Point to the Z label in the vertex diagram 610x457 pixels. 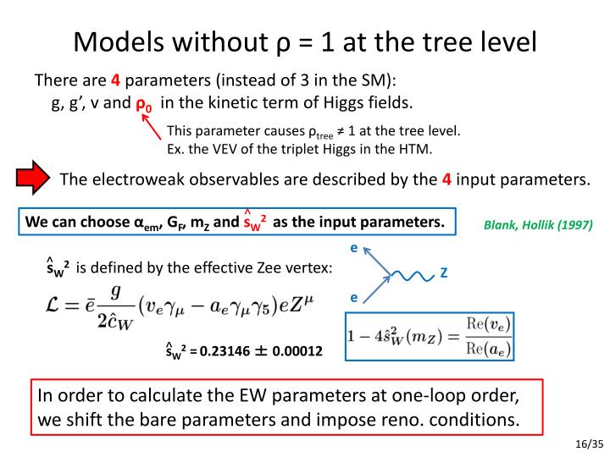444,273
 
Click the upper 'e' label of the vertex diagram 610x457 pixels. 353,248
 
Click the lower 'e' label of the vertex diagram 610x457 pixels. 353,298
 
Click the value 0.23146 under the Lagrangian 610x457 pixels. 225,350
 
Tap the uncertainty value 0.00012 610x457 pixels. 296,350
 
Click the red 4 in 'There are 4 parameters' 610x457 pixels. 115,81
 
